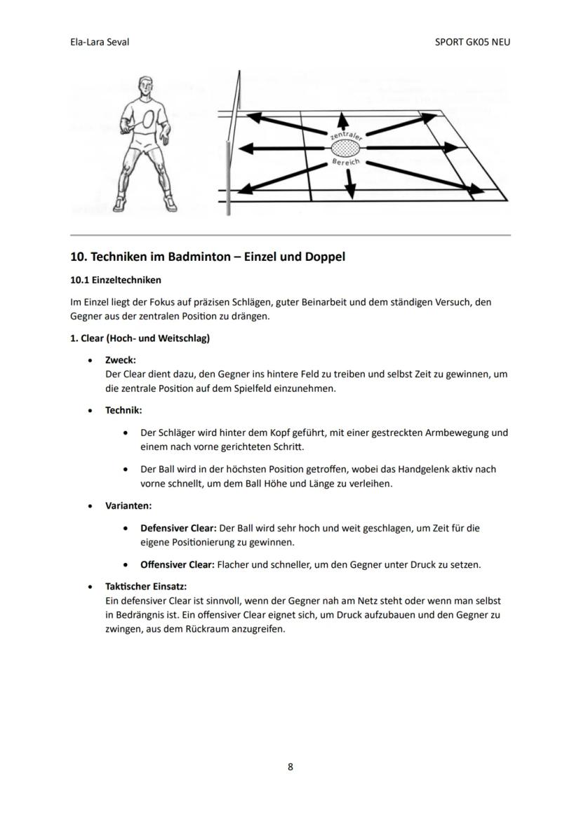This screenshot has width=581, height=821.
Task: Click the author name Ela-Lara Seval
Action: [x=100, y=42]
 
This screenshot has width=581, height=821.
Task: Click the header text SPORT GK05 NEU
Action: [x=472, y=42]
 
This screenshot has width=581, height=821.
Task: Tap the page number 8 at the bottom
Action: [x=290, y=767]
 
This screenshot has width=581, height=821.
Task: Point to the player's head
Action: [x=144, y=87]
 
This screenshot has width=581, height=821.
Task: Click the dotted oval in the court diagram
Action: [x=345, y=149]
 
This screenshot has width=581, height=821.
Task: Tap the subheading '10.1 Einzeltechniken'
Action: [x=115, y=280]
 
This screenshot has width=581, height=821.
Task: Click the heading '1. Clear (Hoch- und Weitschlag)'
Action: [x=140, y=338]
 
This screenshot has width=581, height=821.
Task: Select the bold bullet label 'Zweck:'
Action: [x=120, y=360]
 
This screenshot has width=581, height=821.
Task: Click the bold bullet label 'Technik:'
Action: [x=123, y=410]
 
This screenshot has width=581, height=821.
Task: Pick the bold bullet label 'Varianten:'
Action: [x=128, y=505]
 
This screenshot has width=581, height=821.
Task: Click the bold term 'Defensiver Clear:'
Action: [x=178, y=528]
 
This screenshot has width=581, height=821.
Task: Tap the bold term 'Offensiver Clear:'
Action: [x=177, y=564]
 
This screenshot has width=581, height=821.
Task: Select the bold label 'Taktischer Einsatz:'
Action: [x=145, y=587]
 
